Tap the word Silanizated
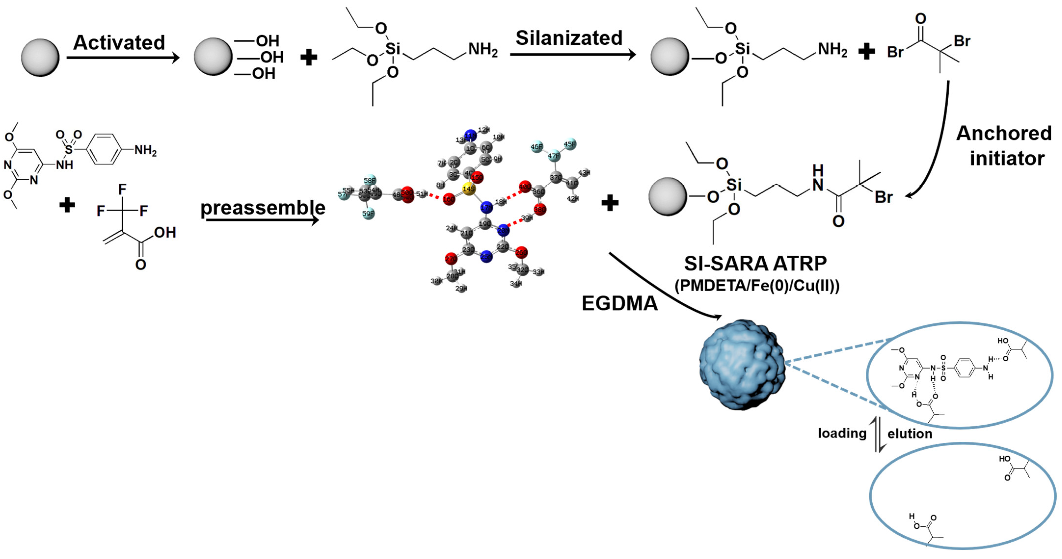point(569,38)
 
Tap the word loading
point(842,433)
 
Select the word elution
point(909,434)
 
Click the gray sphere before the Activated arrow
point(40,57)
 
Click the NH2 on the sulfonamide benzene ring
point(145,150)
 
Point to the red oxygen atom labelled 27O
point(451,259)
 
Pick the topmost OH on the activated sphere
point(267,41)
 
